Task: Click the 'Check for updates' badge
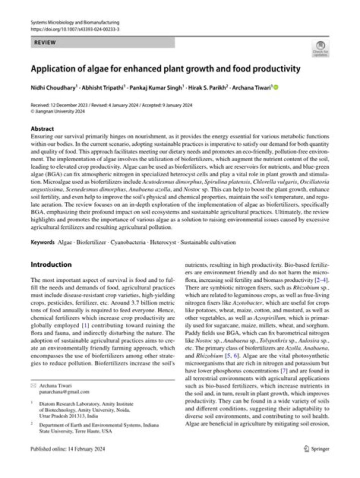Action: coord(320,49)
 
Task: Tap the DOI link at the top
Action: coord(75,30)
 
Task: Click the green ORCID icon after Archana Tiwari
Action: coord(275,87)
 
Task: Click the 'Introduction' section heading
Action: coord(51,264)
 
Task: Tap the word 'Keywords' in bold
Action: coord(42,242)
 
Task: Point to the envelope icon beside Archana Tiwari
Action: coord(33,385)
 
